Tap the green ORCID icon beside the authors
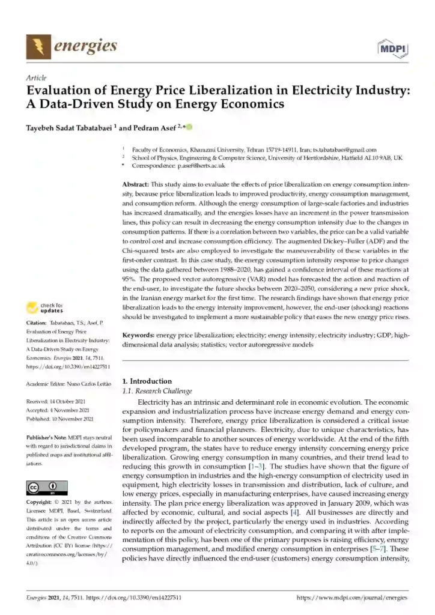[x=189, y=127]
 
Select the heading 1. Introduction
[x=147, y=381]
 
